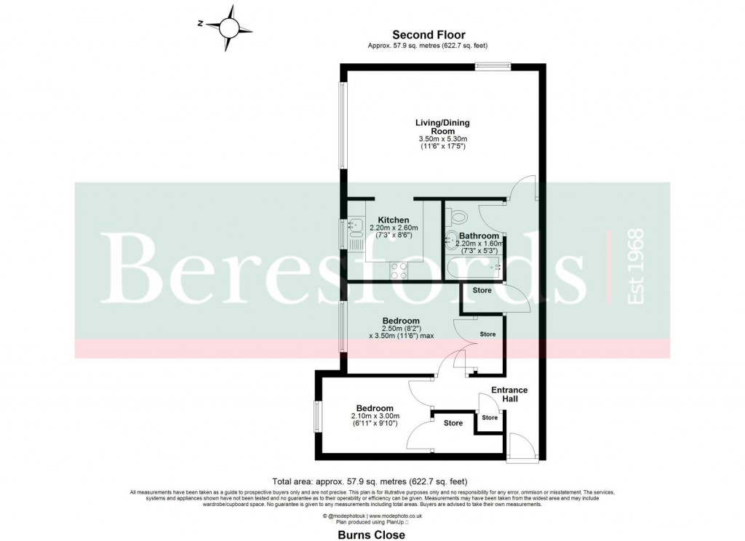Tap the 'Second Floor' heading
[429, 34]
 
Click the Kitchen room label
[393, 220]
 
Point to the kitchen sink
[356, 229]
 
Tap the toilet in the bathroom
[458, 216]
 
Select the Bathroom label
[478, 236]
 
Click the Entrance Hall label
[509, 395]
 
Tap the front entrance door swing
[522, 446]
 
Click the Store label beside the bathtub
[482, 290]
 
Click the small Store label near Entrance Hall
[490, 417]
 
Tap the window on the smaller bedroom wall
[318, 417]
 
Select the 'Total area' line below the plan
[369, 481]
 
